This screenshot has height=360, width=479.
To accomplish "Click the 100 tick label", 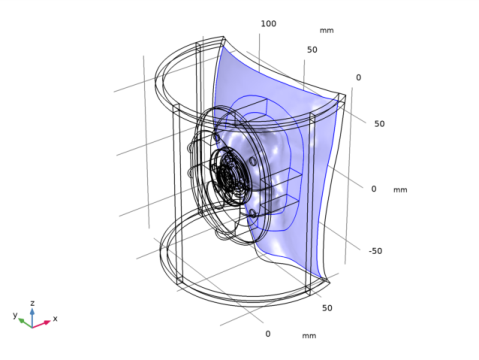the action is point(268,24).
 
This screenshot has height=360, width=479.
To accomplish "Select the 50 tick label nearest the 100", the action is point(312,50).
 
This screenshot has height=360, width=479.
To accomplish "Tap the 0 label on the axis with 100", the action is point(358,77).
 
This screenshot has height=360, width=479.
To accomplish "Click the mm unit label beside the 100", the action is point(327,30).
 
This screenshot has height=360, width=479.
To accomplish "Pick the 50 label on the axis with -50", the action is point(379,124).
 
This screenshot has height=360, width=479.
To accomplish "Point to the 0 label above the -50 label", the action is point(374,189).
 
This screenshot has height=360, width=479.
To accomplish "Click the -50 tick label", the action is point(376,251).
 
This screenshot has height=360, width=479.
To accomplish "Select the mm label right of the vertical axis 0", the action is point(400,190).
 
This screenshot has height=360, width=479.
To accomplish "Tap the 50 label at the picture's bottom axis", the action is point(327,308).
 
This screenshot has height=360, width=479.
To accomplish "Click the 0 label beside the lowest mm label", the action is point(268,334).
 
